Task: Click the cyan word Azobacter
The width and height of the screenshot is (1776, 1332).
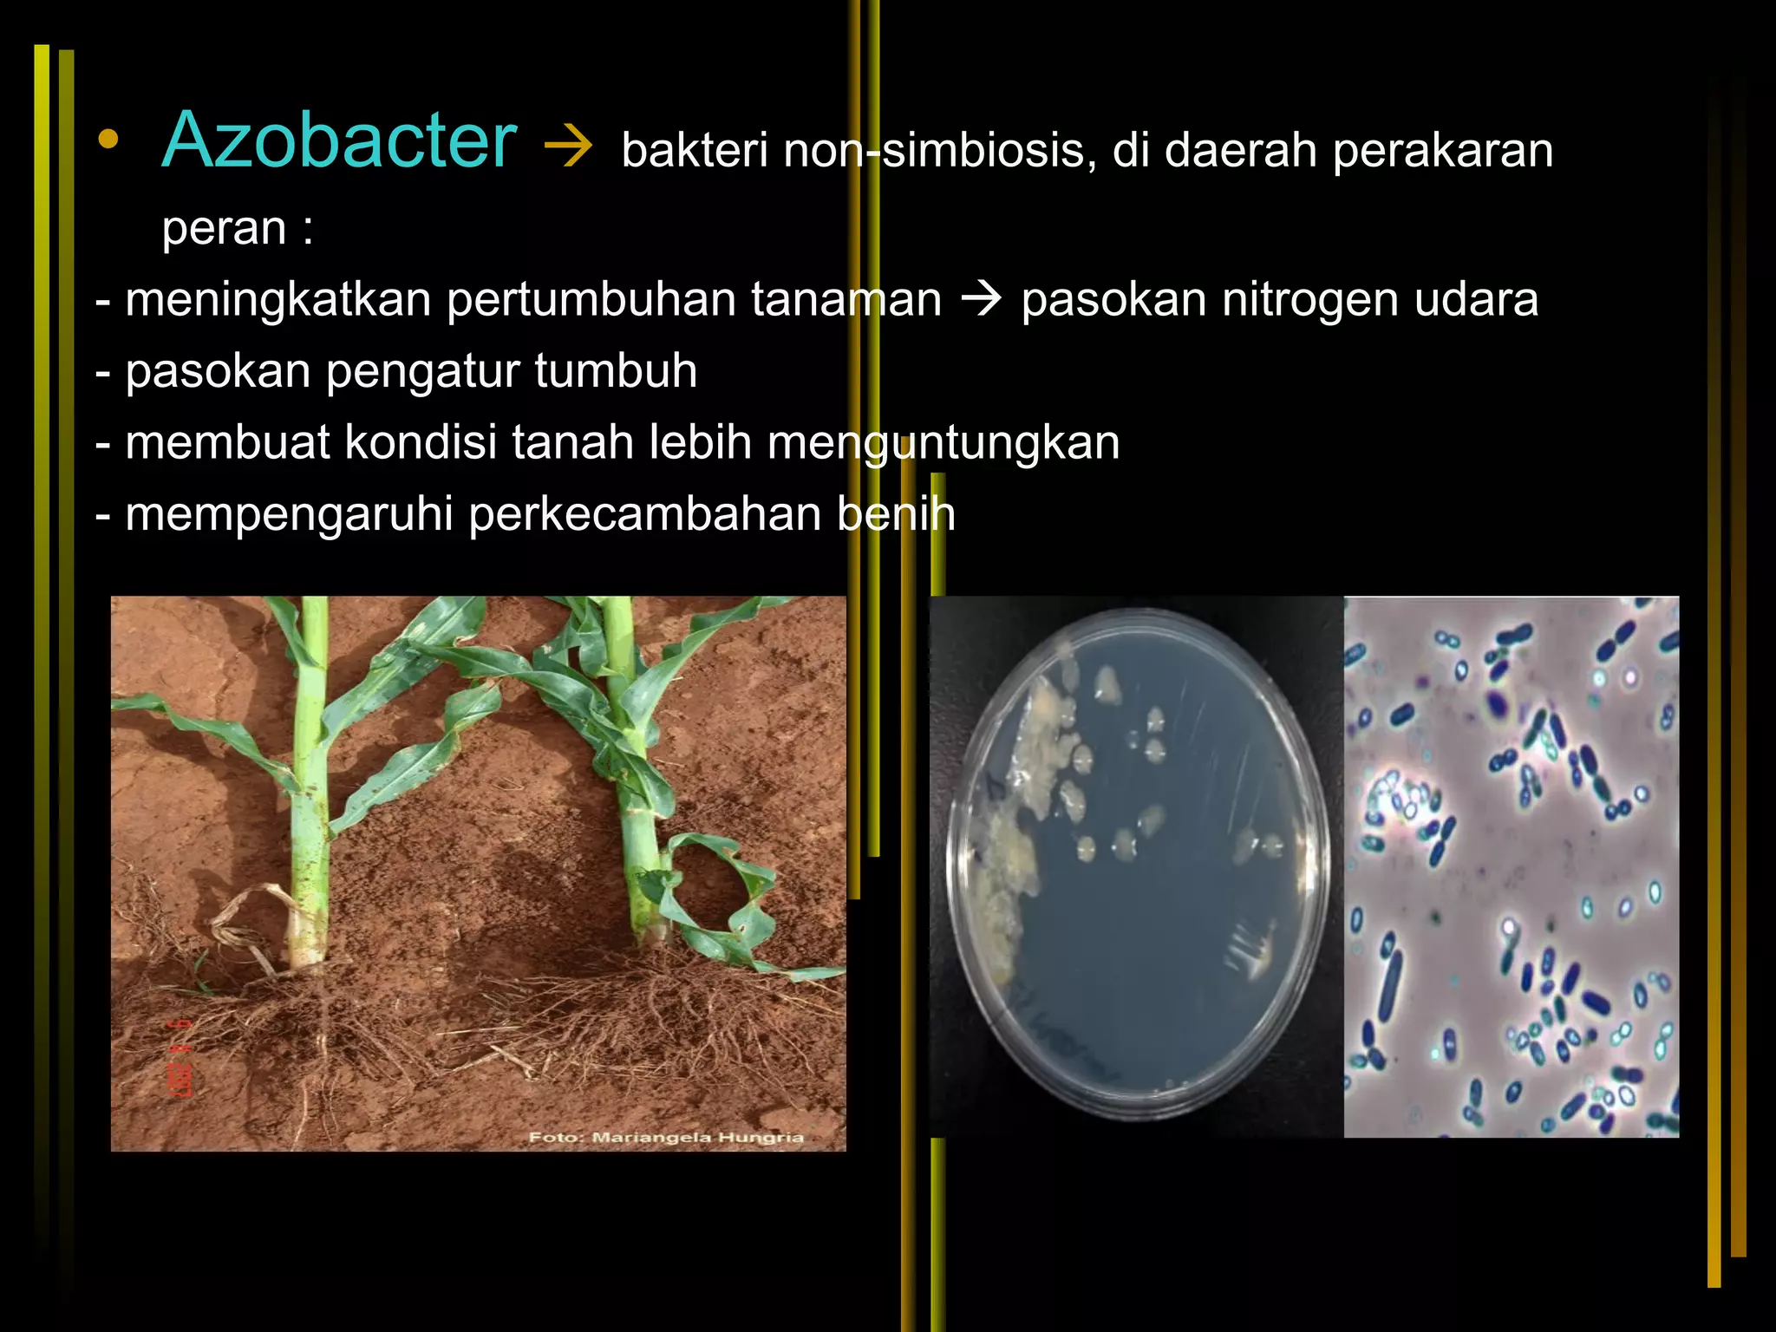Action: pyautogui.click(x=339, y=140)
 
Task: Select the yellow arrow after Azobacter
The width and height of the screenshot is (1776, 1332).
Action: pyautogui.click(x=568, y=148)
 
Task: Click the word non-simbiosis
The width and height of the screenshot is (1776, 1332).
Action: pyautogui.click(x=933, y=150)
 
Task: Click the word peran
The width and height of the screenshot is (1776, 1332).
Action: pyautogui.click(x=224, y=228)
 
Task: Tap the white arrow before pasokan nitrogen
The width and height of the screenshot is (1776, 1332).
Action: pyautogui.click(x=981, y=300)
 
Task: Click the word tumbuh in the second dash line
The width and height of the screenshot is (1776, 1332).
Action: pyautogui.click(x=615, y=371)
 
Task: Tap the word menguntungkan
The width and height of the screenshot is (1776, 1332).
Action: pyautogui.click(x=943, y=443)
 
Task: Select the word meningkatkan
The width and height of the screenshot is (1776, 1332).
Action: pyautogui.click(x=277, y=300)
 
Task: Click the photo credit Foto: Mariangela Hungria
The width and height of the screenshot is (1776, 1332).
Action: pyautogui.click(x=666, y=1137)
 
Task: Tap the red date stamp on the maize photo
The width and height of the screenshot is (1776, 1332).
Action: pyautogui.click(x=180, y=1059)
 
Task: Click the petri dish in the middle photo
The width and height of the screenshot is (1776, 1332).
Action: pyautogui.click(x=1136, y=864)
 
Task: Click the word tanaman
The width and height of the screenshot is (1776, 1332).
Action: pyautogui.click(x=846, y=300)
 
